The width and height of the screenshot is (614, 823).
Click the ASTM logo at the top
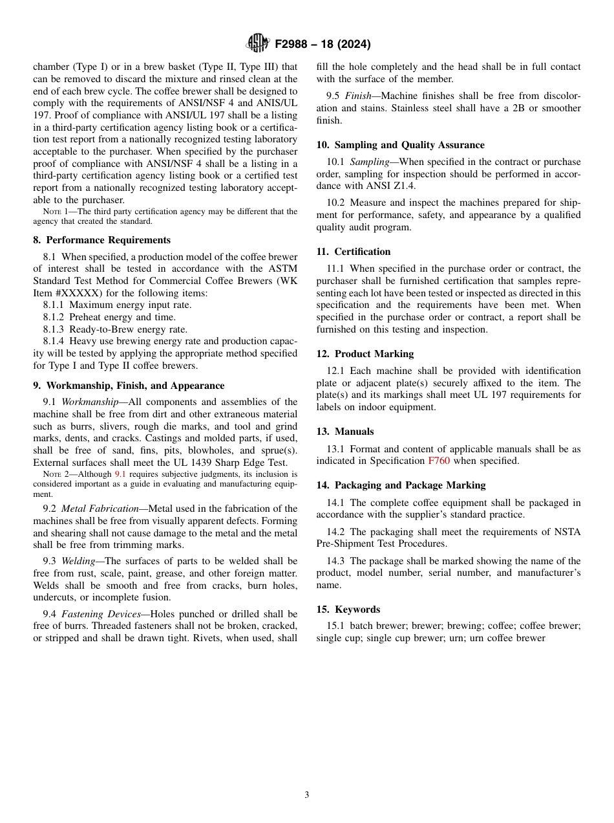[x=258, y=43]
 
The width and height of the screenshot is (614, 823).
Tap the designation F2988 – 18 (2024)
[x=323, y=44]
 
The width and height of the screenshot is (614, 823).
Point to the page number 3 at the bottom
[x=307, y=795]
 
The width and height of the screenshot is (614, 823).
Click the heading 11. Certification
[x=354, y=252]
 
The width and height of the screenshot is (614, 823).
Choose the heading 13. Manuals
[x=345, y=432]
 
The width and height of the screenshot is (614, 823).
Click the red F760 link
[x=439, y=461]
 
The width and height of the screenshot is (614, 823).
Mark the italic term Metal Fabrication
[x=100, y=509]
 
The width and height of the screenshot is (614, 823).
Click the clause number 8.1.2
[x=54, y=317]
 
